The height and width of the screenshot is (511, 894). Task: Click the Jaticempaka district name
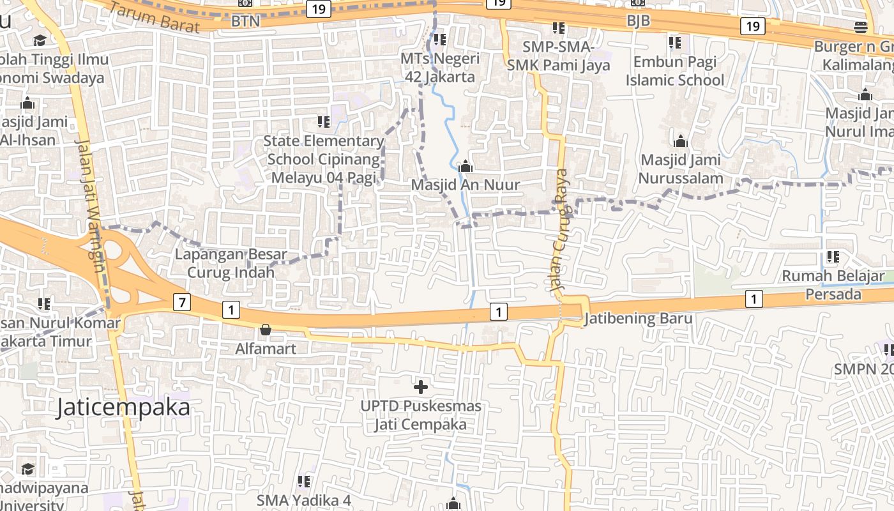(123, 408)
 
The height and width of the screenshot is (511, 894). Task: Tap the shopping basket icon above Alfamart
(265, 330)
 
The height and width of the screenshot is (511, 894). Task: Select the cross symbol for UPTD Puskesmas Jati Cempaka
(421, 386)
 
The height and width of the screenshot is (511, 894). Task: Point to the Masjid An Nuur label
(466, 185)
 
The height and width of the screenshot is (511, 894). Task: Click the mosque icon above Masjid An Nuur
(466, 167)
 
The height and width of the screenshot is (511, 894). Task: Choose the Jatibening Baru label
(638, 318)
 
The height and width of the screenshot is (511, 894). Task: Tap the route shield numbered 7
(182, 302)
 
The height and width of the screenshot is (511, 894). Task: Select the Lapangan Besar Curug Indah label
(231, 263)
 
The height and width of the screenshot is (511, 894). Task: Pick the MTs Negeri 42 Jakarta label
(440, 68)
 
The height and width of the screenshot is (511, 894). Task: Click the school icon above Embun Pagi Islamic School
(675, 43)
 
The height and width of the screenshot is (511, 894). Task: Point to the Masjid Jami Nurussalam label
(681, 169)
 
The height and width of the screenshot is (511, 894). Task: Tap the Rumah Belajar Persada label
(833, 286)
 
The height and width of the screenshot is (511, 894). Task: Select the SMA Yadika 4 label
(304, 500)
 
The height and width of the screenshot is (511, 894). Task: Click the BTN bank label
(246, 21)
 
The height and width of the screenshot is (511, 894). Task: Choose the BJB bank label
(638, 20)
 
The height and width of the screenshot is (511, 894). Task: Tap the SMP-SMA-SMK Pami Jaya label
(559, 56)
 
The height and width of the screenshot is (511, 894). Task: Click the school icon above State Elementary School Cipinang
(324, 121)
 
